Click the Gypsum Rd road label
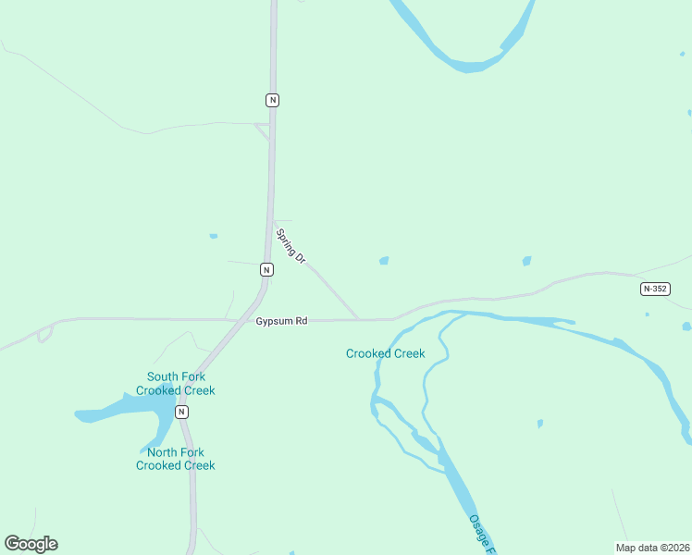tap(281, 321)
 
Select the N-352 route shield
tap(654, 289)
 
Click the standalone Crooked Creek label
tap(385, 353)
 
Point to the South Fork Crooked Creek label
tap(175, 384)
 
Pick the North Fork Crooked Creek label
tap(175, 459)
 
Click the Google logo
tap(31, 544)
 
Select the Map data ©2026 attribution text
tap(651, 548)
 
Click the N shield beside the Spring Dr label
tap(266, 269)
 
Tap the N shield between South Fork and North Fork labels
tap(181, 412)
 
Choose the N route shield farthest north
tap(272, 99)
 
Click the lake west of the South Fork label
tap(120, 409)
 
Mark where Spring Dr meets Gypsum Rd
tap(359, 320)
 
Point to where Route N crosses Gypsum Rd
tap(248, 320)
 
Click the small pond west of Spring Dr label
tap(213, 236)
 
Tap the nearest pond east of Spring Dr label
tap(383, 261)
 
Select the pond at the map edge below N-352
tap(686, 327)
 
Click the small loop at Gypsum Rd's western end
tap(43, 334)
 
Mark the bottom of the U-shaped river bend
tap(471, 67)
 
